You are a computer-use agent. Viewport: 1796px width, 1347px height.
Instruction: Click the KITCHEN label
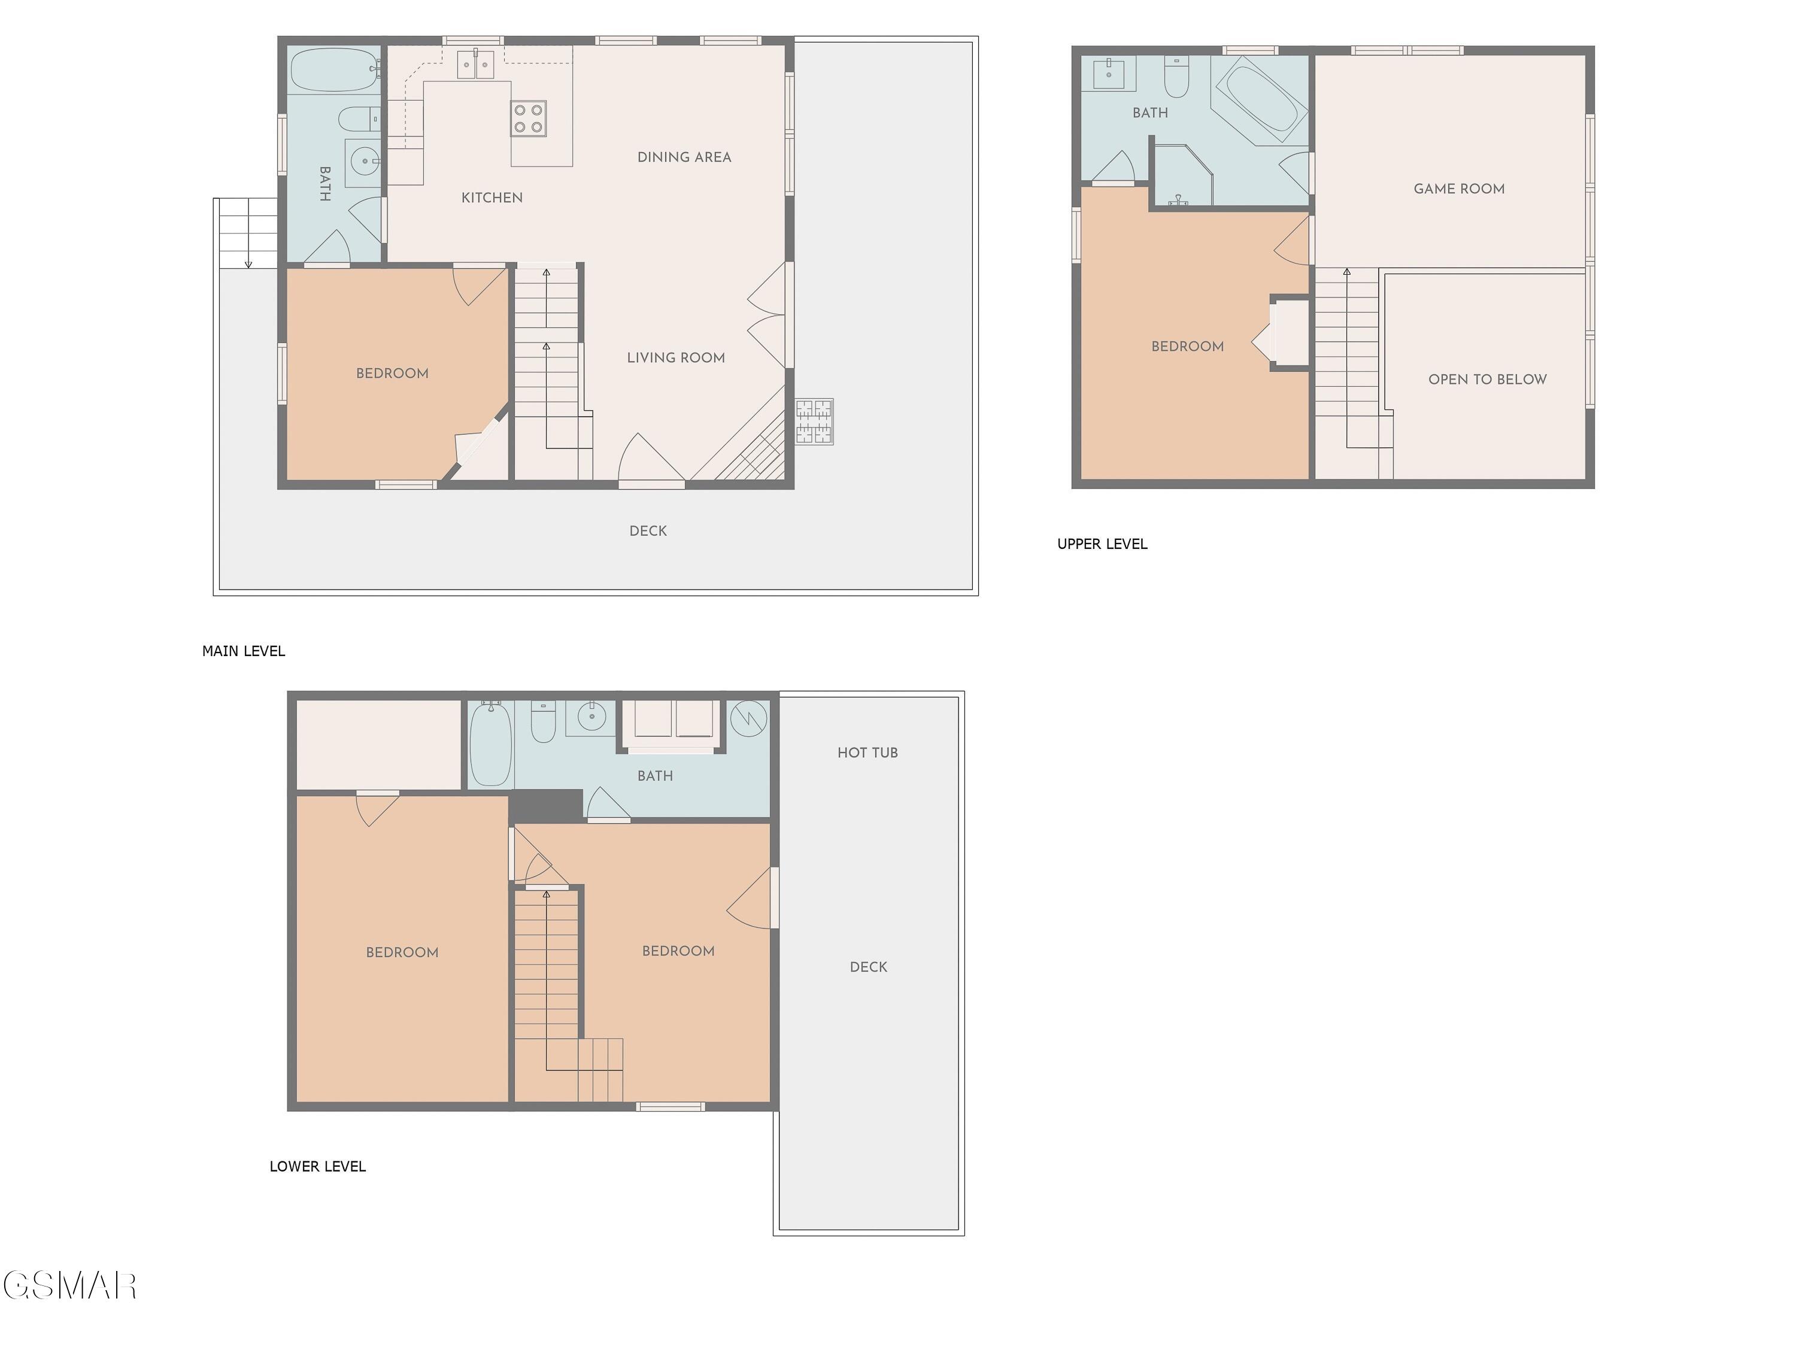pos(492,198)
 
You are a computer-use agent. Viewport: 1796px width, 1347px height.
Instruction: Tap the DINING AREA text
pos(684,157)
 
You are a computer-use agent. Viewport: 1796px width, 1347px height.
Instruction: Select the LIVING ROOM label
pos(675,357)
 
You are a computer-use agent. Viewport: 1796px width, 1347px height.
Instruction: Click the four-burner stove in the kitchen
pos(529,118)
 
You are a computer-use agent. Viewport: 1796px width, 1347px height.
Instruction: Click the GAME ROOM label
pos(1459,189)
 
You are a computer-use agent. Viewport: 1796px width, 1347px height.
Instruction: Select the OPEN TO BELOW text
pos(1488,379)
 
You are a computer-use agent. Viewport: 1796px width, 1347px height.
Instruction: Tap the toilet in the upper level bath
pos(1176,75)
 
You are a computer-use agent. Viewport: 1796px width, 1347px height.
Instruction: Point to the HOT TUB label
pos(867,753)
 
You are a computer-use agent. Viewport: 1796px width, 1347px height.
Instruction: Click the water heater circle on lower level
pos(748,718)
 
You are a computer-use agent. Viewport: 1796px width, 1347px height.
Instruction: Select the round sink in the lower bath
pos(592,716)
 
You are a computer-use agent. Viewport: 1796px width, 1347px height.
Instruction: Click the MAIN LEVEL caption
pos(244,651)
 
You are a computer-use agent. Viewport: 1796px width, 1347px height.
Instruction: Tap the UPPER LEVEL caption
pos(1102,544)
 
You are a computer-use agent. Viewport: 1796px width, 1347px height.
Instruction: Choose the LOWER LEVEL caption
pos(317,1167)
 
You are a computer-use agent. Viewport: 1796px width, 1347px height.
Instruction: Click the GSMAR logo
pos(70,1285)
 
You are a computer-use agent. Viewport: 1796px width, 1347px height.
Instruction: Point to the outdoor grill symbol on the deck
pos(814,421)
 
